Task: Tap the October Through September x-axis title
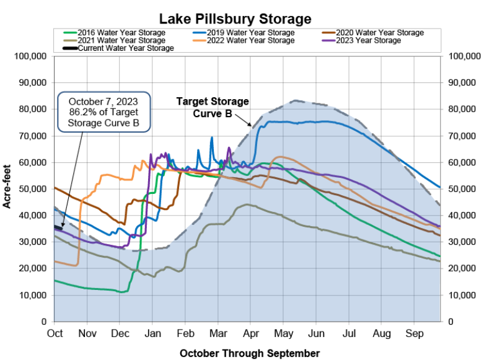point(250,353)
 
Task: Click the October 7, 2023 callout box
point(102,112)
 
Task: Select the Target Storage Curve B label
point(213,107)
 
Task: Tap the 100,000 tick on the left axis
point(30,56)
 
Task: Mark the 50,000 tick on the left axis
point(32,189)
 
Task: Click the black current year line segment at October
point(58,227)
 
